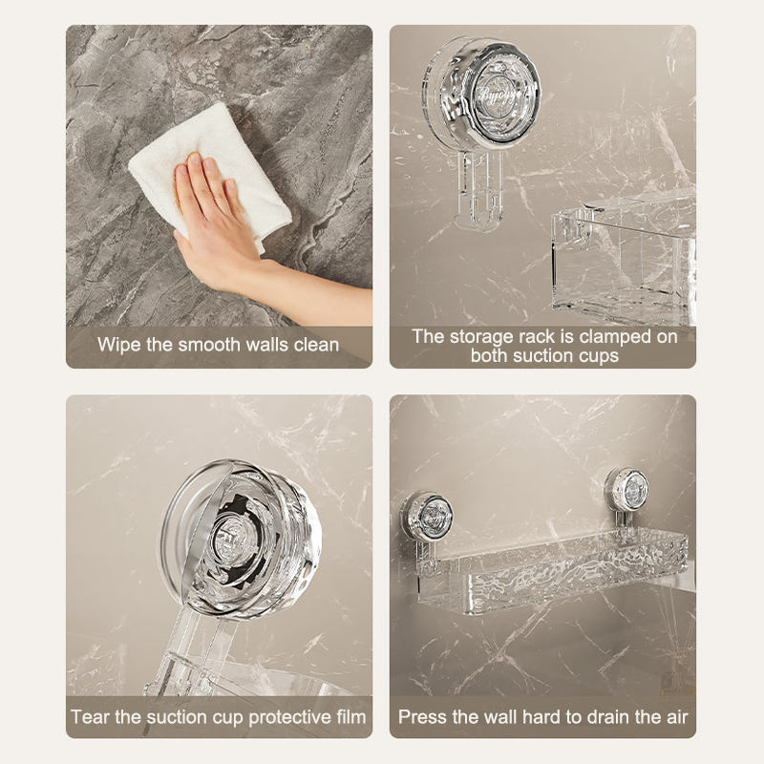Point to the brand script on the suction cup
(x=502, y=94)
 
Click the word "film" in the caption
(x=350, y=717)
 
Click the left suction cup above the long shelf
(x=427, y=516)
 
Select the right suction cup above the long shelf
(x=626, y=488)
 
